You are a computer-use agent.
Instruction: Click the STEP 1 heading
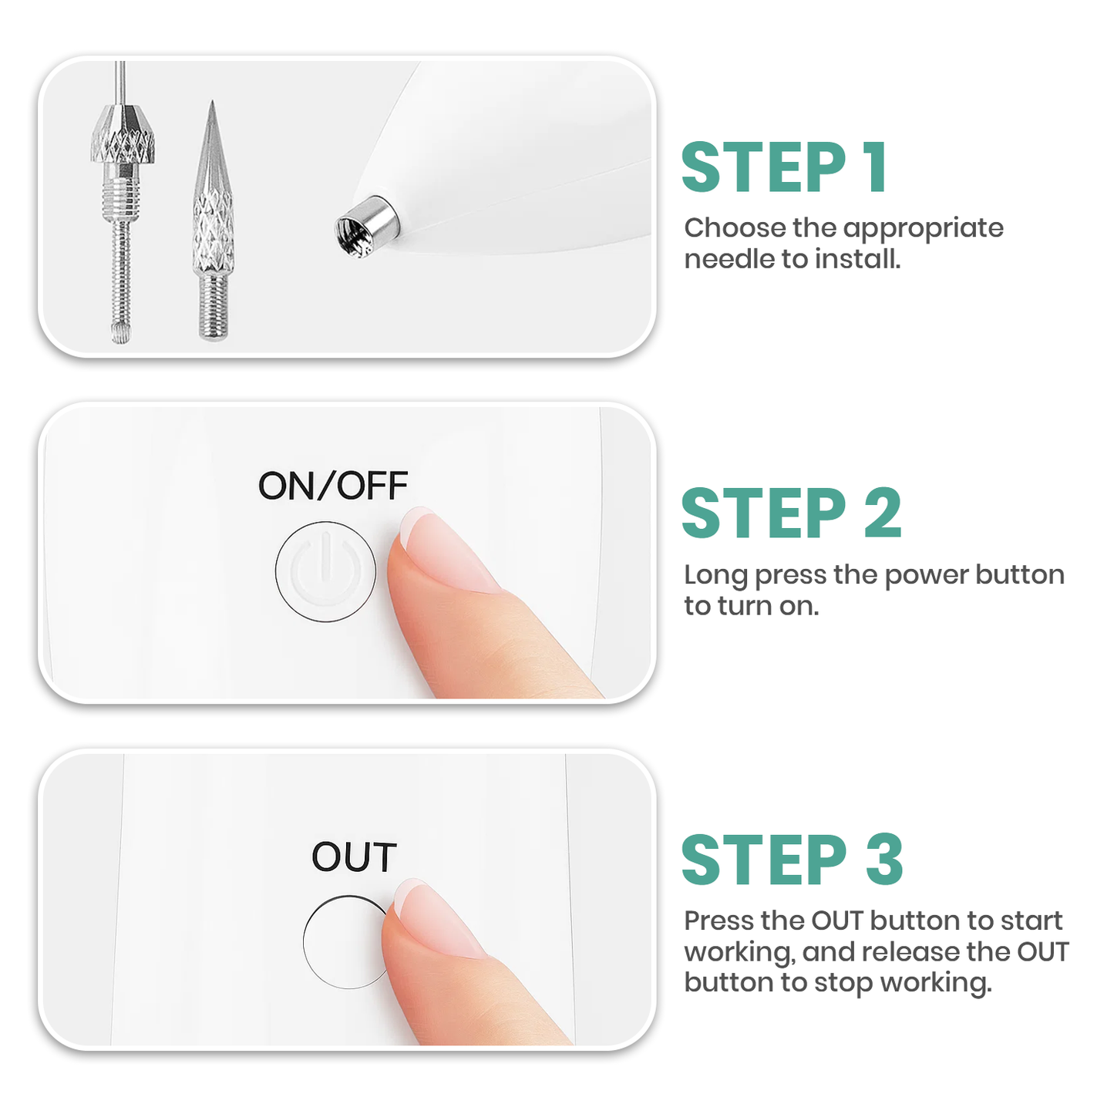(784, 167)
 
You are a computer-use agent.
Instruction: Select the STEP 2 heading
(791, 513)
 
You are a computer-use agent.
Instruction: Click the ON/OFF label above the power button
(332, 486)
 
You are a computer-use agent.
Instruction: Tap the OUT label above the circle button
(354, 857)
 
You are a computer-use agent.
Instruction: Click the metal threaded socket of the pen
(366, 226)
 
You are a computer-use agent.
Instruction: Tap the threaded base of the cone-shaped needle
(214, 308)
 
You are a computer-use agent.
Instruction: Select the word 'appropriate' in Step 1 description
(923, 228)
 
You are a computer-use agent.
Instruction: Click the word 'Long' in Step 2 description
(715, 575)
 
